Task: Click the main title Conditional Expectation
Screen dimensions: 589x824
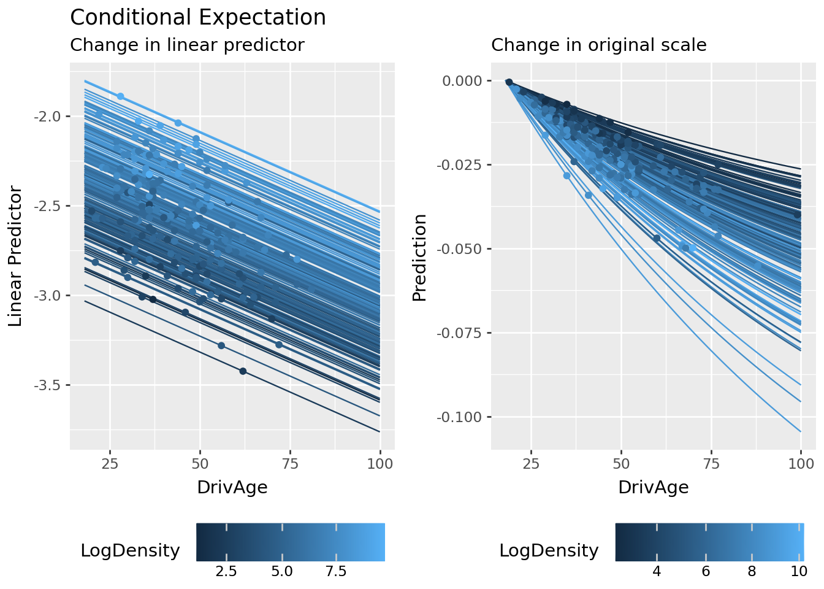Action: point(198,18)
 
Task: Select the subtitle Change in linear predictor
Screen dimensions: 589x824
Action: point(187,45)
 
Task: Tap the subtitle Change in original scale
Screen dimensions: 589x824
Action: point(598,45)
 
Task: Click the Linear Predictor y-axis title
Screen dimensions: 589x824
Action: point(16,256)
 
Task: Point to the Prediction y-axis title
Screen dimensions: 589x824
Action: point(419,258)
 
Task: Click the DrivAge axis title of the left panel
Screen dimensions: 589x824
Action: point(232,488)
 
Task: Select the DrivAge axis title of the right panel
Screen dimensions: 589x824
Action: point(653,488)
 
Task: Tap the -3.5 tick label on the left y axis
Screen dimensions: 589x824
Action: point(48,385)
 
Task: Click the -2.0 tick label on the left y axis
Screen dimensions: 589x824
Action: point(48,117)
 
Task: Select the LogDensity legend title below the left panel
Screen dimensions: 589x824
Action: point(130,551)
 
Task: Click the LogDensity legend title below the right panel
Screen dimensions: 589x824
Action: point(549,551)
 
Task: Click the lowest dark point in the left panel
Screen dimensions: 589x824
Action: point(243,371)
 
